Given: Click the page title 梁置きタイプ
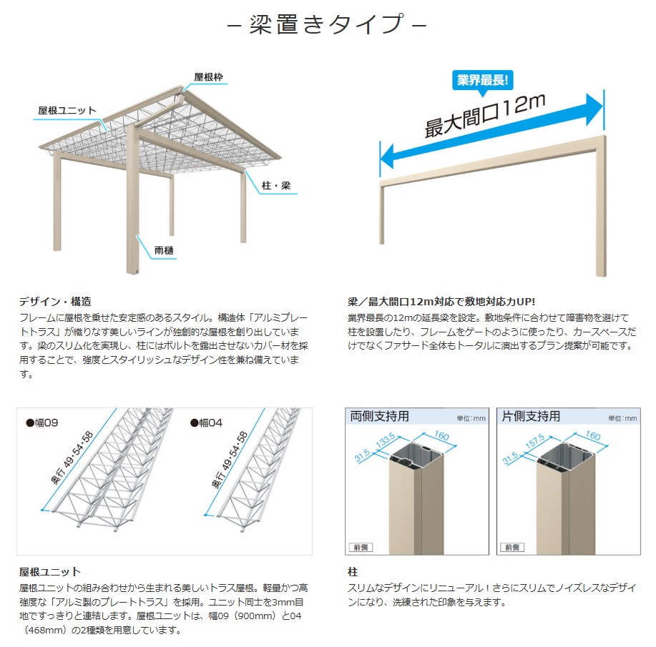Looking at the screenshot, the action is (327, 24).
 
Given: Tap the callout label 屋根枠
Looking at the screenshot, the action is (208, 77).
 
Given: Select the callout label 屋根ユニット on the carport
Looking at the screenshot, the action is (67, 110).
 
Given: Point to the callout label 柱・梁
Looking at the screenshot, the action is (275, 185).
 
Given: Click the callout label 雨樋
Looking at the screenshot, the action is (164, 250).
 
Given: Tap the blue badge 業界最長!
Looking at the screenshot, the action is (482, 80).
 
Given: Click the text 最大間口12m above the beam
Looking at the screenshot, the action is (485, 115).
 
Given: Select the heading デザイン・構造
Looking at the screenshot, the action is (55, 301).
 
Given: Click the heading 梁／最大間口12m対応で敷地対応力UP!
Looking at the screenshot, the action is (441, 301).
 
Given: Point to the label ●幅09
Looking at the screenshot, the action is (41, 423).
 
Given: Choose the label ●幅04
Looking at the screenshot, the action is (206, 423).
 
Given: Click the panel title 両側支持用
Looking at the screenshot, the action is (379, 416).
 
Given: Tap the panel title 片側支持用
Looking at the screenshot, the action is (531, 416).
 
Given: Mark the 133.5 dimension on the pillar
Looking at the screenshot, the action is (386, 441).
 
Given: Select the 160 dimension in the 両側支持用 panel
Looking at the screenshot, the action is (441, 435).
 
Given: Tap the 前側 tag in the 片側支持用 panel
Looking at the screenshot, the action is (512, 547).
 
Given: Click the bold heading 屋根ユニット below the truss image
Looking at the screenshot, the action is (50, 572).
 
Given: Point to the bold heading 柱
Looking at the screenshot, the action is (353, 572).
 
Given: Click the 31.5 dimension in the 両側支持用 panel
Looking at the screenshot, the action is (362, 455).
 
